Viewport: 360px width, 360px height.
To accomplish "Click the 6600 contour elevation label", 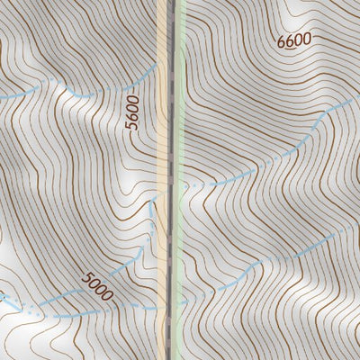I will (x=294, y=40).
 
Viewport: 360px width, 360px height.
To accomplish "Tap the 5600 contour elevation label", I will (x=134, y=114).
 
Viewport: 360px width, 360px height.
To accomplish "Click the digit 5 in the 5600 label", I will (x=134, y=128).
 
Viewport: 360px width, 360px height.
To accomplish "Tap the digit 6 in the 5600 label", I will (x=134, y=119).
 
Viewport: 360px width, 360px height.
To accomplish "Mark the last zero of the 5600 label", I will (x=134, y=102).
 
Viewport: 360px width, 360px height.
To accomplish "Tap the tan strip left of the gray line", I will (x=163, y=180).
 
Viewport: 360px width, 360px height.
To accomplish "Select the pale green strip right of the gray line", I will (x=181, y=180).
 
